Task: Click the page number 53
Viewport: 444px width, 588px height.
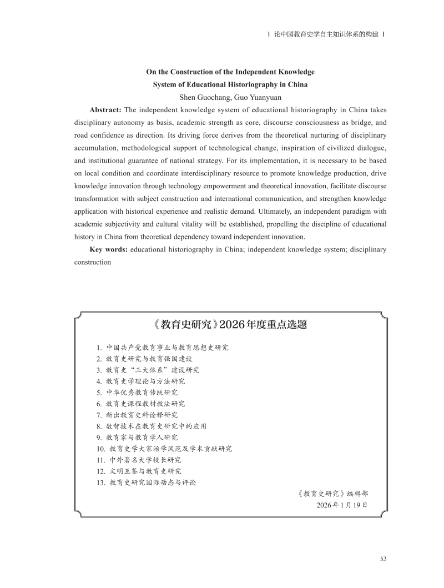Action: pos(383,559)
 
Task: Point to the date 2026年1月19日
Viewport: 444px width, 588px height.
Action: pos(341,505)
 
